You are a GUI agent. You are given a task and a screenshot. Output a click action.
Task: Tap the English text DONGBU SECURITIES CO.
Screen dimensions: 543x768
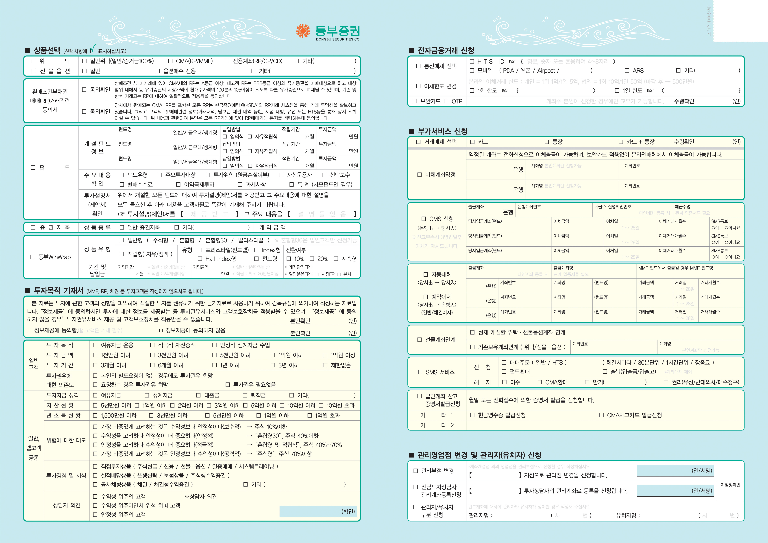[338, 39]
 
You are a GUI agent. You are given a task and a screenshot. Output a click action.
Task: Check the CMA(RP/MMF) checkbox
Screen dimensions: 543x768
[170, 61]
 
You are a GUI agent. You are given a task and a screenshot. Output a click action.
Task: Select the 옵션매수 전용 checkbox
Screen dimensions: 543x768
[158, 71]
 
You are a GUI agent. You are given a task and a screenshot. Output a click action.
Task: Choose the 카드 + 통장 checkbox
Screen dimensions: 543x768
[621, 142]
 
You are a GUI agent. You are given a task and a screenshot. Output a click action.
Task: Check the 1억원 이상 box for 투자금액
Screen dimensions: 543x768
[325, 355]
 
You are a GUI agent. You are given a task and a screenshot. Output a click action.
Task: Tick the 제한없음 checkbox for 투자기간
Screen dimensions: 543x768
[325, 365]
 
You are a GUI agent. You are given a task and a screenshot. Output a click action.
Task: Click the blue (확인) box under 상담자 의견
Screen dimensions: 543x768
[318, 511]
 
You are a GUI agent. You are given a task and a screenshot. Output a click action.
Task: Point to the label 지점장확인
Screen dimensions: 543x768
[730, 485]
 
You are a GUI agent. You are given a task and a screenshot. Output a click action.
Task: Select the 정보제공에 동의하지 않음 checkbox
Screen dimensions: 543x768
[161, 330]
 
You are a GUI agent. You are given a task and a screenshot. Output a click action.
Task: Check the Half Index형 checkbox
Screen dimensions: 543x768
[200, 259]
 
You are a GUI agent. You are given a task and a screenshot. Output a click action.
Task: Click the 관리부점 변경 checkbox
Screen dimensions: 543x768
[416, 471]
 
